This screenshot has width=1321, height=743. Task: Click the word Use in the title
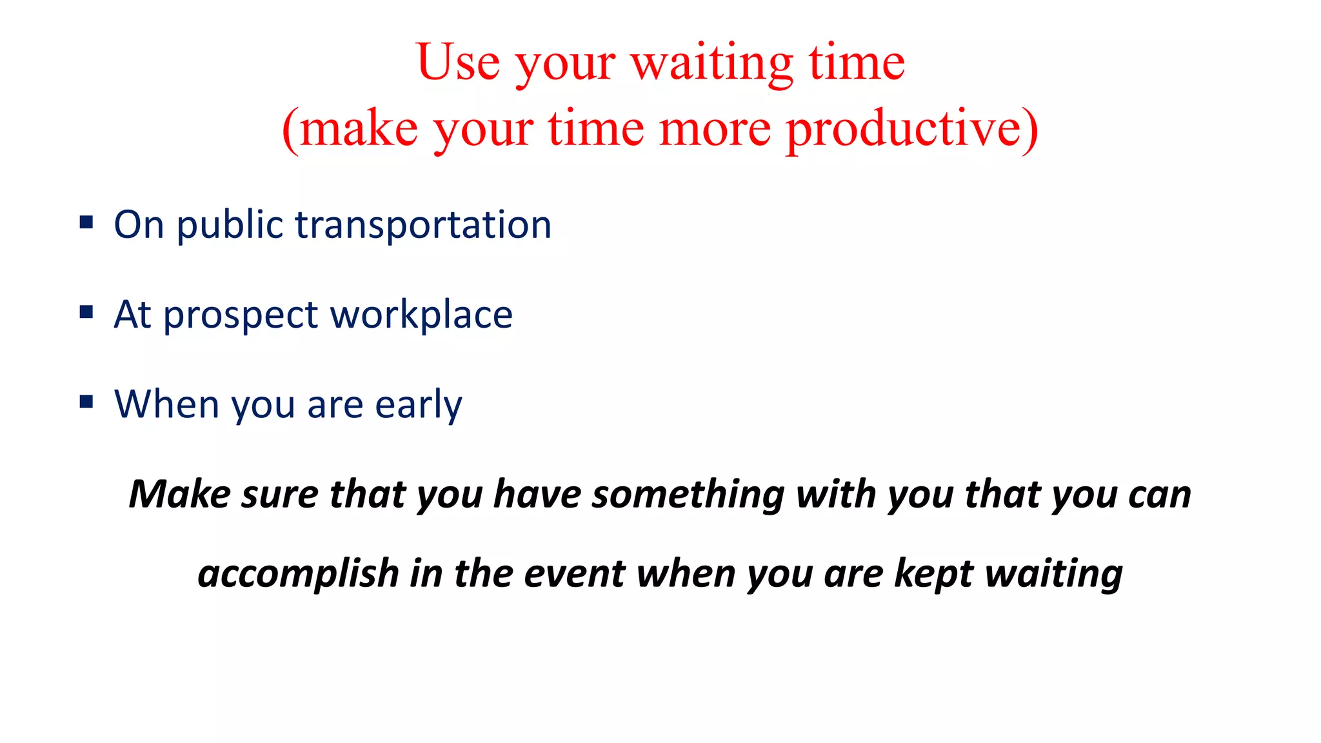(x=458, y=63)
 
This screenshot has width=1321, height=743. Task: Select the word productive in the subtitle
(x=903, y=129)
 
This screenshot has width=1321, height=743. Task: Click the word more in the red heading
(x=715, y=129)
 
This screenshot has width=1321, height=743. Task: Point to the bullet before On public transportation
(x=86, y=223)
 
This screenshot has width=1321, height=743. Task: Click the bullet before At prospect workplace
(x=86, y=313)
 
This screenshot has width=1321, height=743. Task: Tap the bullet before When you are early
(x=86, y=402)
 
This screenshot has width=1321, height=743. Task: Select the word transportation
(x=423, y=224)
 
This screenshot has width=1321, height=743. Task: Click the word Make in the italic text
(x=179, y=495)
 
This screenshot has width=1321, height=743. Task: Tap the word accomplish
(x=298, y=574)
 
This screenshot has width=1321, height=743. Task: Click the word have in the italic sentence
(x=537, y=495)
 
